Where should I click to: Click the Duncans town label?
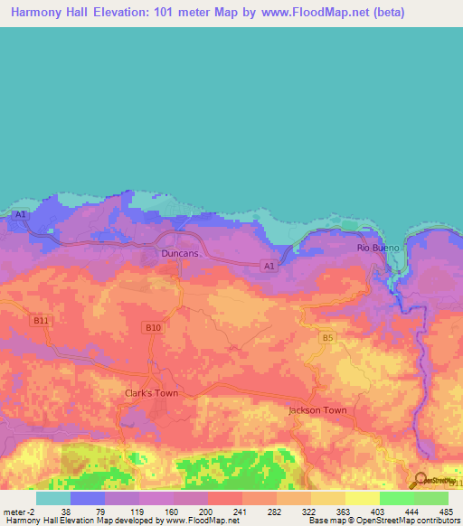[x=179, y=254]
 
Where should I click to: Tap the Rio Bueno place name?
[x=374, y=247]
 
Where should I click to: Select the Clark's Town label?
[x=151, y=393]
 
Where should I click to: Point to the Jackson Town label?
[x=317, y=410]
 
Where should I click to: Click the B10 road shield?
[x=152, y=327]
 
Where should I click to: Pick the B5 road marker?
[x=327, y=337]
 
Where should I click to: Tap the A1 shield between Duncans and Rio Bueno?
[x=268, y=266]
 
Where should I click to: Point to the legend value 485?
[x=447, y=511]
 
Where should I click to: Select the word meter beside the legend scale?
[x=15, y=511]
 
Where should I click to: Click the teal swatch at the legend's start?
[x=52, y=498]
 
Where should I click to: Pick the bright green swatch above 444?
[x=396, y=498]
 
